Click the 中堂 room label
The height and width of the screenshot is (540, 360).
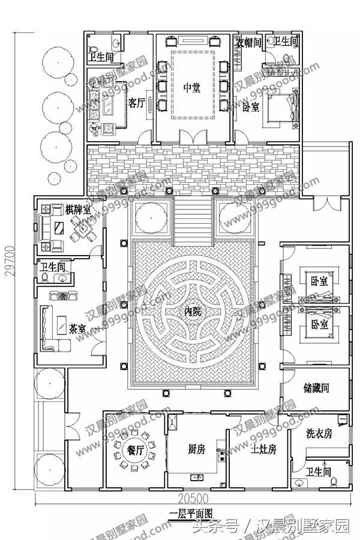pos(191,88)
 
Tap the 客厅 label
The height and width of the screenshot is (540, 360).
pos(135,102)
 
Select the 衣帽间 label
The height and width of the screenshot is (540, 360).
pos(248,43)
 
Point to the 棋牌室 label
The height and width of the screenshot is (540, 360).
pos(79,210)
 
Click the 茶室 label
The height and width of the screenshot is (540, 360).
pos(77,329)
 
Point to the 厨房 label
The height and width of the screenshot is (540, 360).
pos(197,449)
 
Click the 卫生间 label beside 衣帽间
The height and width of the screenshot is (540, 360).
pos(286,41)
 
